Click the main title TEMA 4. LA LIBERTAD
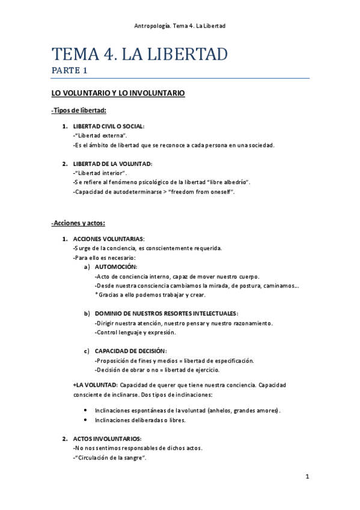pyautogui.click(x=139, y=55)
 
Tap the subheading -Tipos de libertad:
pyautogui.click(x=79, y=110)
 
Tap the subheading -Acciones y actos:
pyautogui.click(x=78, y=223)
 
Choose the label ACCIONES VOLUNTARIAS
pyautogui.click(x=108, y=239)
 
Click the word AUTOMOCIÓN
pyautogui.click(x=115, y=266)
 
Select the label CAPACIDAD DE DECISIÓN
pyautogui.click(x=130, y=351)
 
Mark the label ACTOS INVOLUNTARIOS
pyautogui.click(x=107, y=438)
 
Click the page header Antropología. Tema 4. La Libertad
pyautogui.click(x=180, y=25)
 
